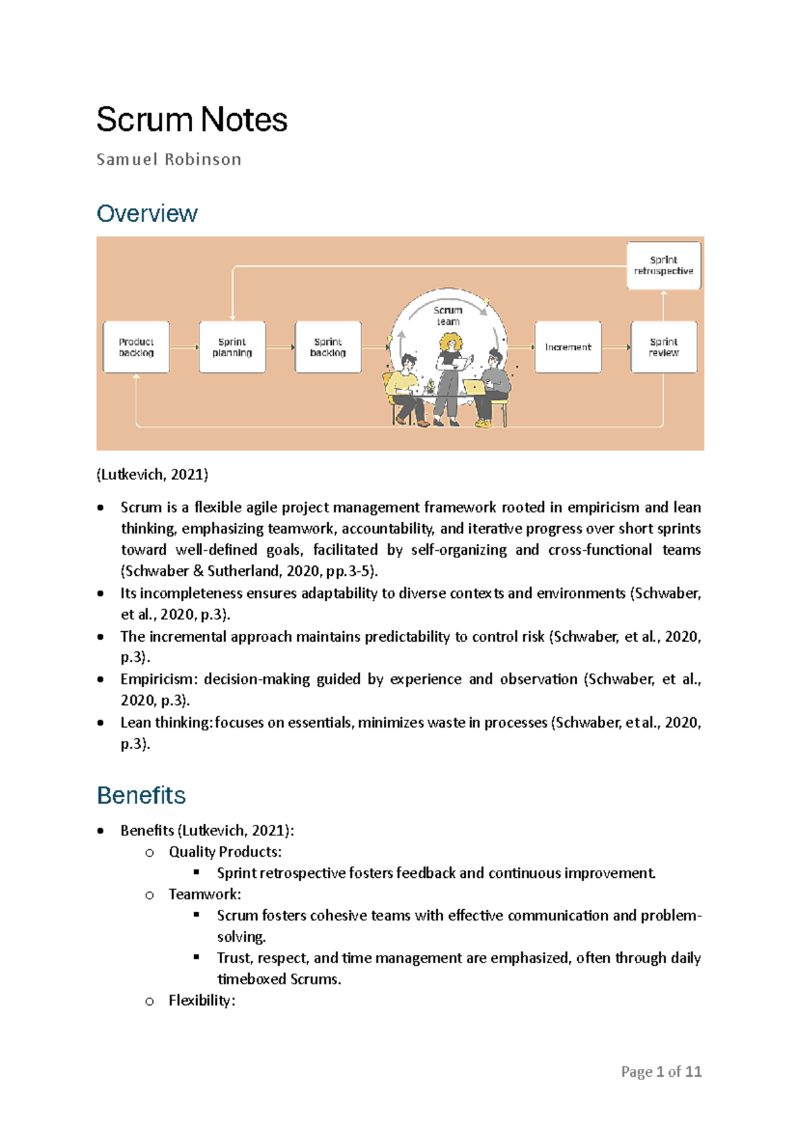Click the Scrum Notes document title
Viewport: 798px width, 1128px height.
click(x=192, y=120)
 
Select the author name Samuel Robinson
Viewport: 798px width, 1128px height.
click(x=169, y=160)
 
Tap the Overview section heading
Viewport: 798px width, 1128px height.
click(x=147, y=213)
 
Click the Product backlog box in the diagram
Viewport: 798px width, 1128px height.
click(x=136, y=347)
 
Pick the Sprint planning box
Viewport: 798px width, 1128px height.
click(x=232, y=347)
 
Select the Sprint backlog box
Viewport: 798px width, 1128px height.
click(x=328, y=347)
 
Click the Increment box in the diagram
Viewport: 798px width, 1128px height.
click(x=568, y=347)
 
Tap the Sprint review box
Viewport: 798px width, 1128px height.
click(x=664, y=347)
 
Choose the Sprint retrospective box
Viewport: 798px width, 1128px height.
click(x=664, y=265)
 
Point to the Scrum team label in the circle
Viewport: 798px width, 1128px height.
click(x=448, y=316)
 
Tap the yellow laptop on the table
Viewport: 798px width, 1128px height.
click(x=474, y=387)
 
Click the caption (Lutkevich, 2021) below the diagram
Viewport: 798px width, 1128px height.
click(x=152, y=474)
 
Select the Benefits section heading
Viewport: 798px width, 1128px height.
click(x=141, y=795)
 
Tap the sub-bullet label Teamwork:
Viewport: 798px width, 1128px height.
click(x=205, y=894)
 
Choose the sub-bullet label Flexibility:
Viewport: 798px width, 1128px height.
click(x=201, y=1000)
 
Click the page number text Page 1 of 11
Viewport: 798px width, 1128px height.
click(x=661, y=1071)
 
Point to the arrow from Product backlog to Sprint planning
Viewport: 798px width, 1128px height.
click(x=184, y=347)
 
